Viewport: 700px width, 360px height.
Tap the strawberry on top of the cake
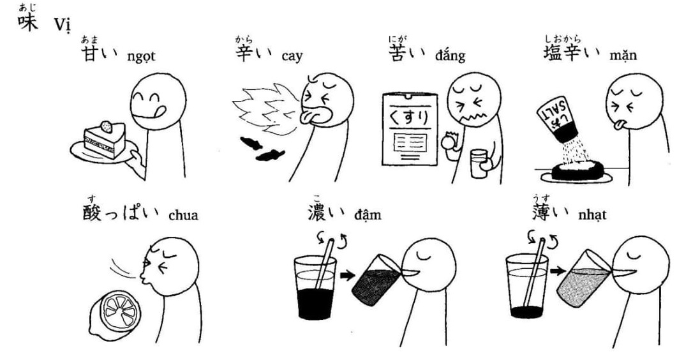tap(107, 126)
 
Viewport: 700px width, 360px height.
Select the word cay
tap(292, 57)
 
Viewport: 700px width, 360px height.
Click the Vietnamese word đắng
tap(450, 56)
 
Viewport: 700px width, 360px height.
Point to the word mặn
tap(623, 56)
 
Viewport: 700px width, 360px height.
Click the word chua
tap(184, 215)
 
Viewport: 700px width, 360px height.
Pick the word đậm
tap(368, 215)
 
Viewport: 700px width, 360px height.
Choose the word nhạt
tap(592, 215)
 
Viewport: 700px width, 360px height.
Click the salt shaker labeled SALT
tap(557, 117)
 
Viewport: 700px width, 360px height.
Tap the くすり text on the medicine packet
tap(410, 117)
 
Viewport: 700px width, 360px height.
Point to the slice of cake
tap(105, 140)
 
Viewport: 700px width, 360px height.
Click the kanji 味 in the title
tap(27, 22)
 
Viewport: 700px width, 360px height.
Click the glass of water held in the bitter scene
tap(479, 164)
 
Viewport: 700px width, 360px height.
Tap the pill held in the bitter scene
tap(447, 142)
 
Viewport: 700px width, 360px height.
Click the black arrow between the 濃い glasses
tap(347, 275)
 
